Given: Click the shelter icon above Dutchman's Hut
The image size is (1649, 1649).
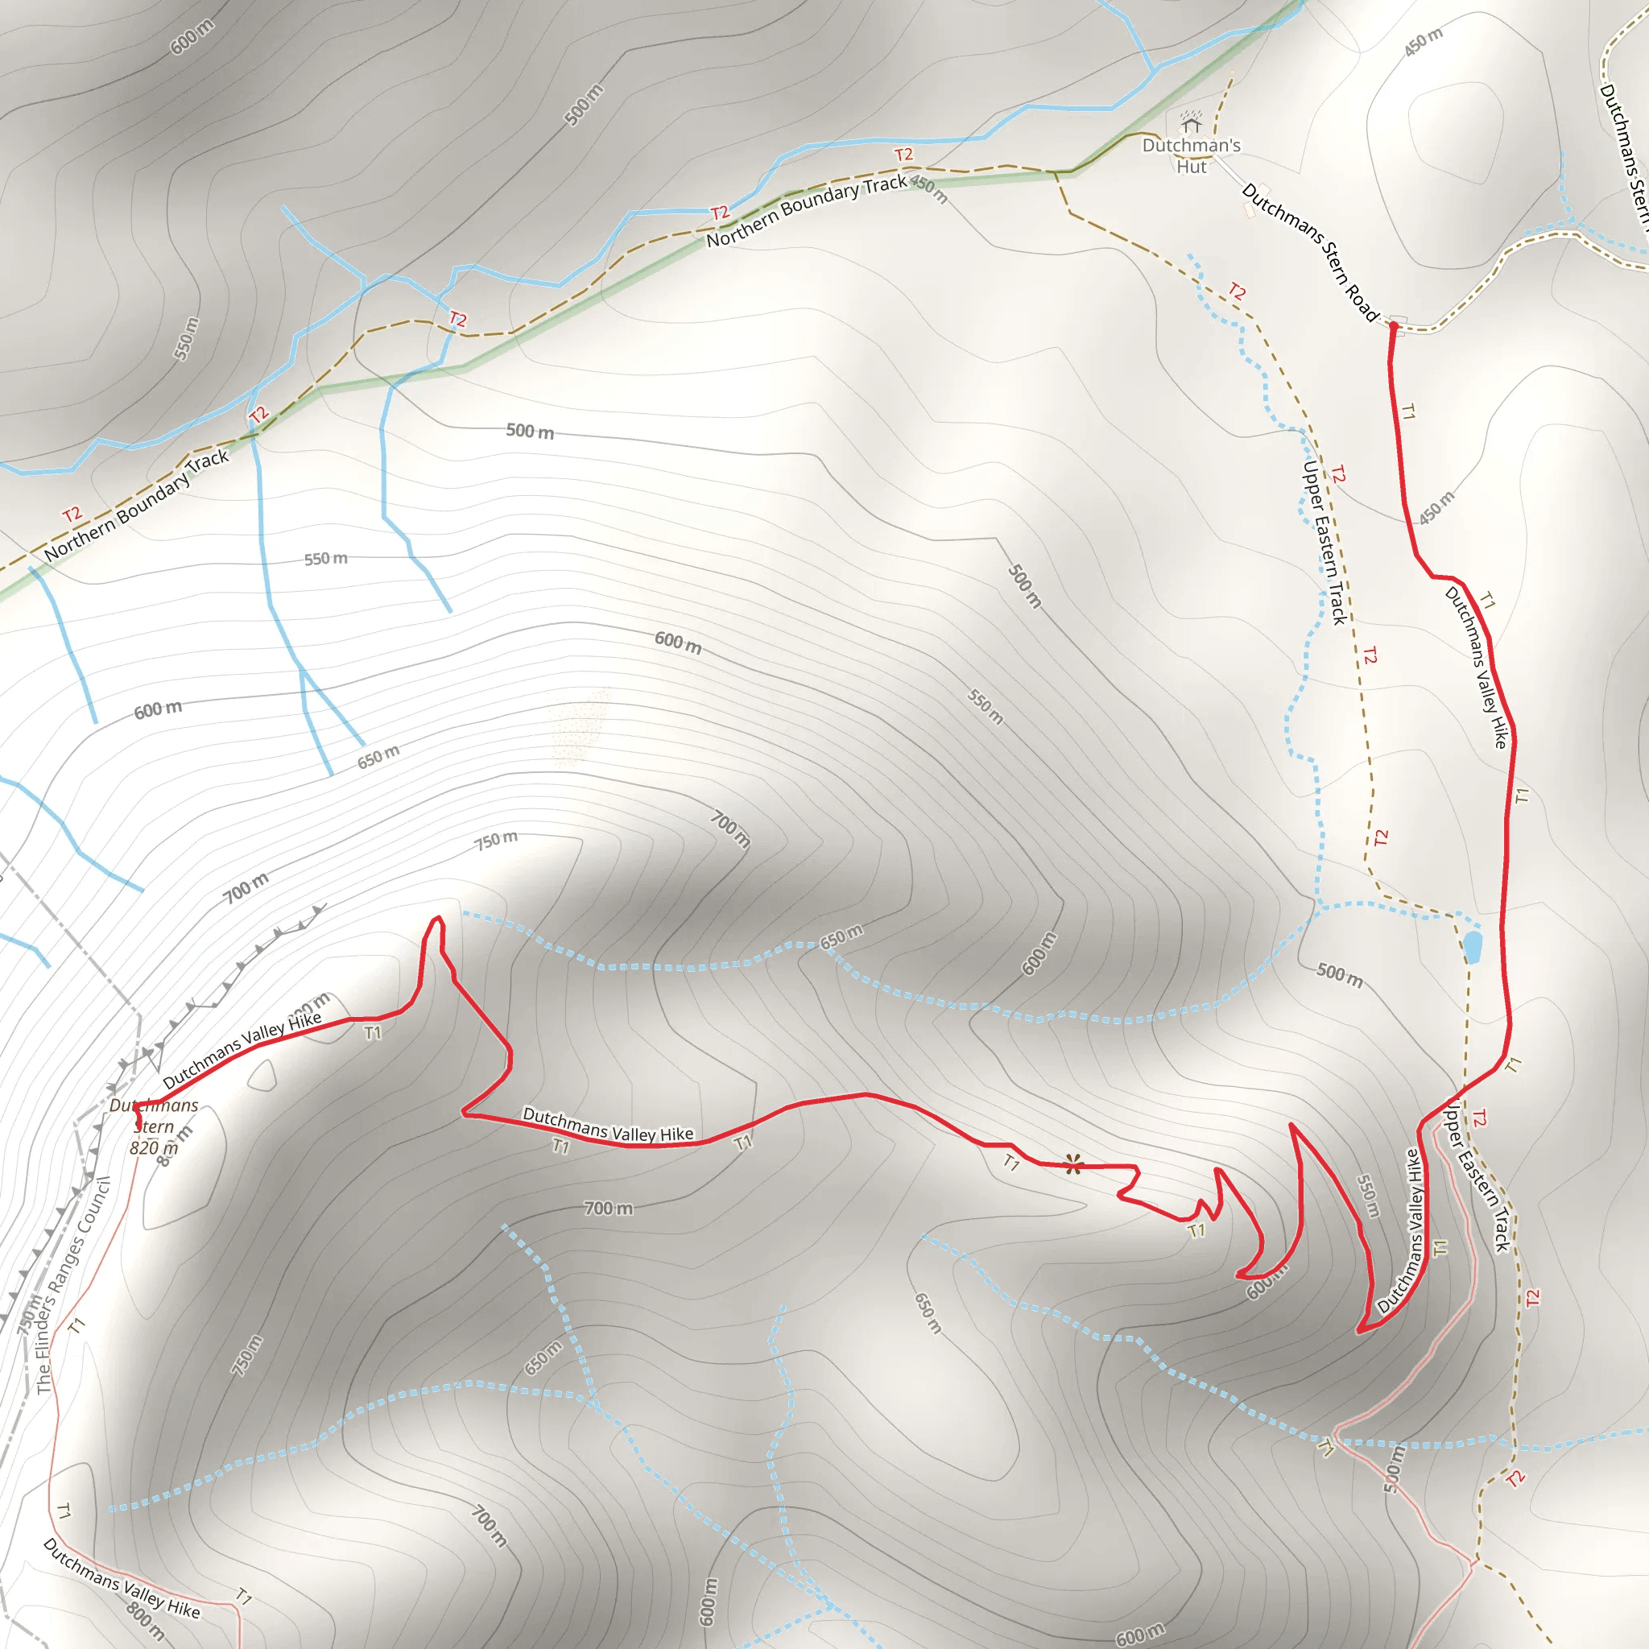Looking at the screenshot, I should [1191, 122].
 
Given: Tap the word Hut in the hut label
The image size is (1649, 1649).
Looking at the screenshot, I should [1192, 167].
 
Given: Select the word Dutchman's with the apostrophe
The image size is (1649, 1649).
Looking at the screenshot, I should [1192, 145].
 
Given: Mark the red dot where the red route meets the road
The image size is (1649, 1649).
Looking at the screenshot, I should [1394, 325].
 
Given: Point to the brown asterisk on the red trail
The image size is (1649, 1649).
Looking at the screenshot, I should [1072, 1164].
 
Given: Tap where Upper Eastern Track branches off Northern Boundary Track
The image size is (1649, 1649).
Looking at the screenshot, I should [1056, 172].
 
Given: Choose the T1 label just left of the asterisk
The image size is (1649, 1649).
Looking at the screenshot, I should [1011, 1163].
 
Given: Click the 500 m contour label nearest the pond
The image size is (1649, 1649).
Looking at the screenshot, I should [1339, 974].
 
